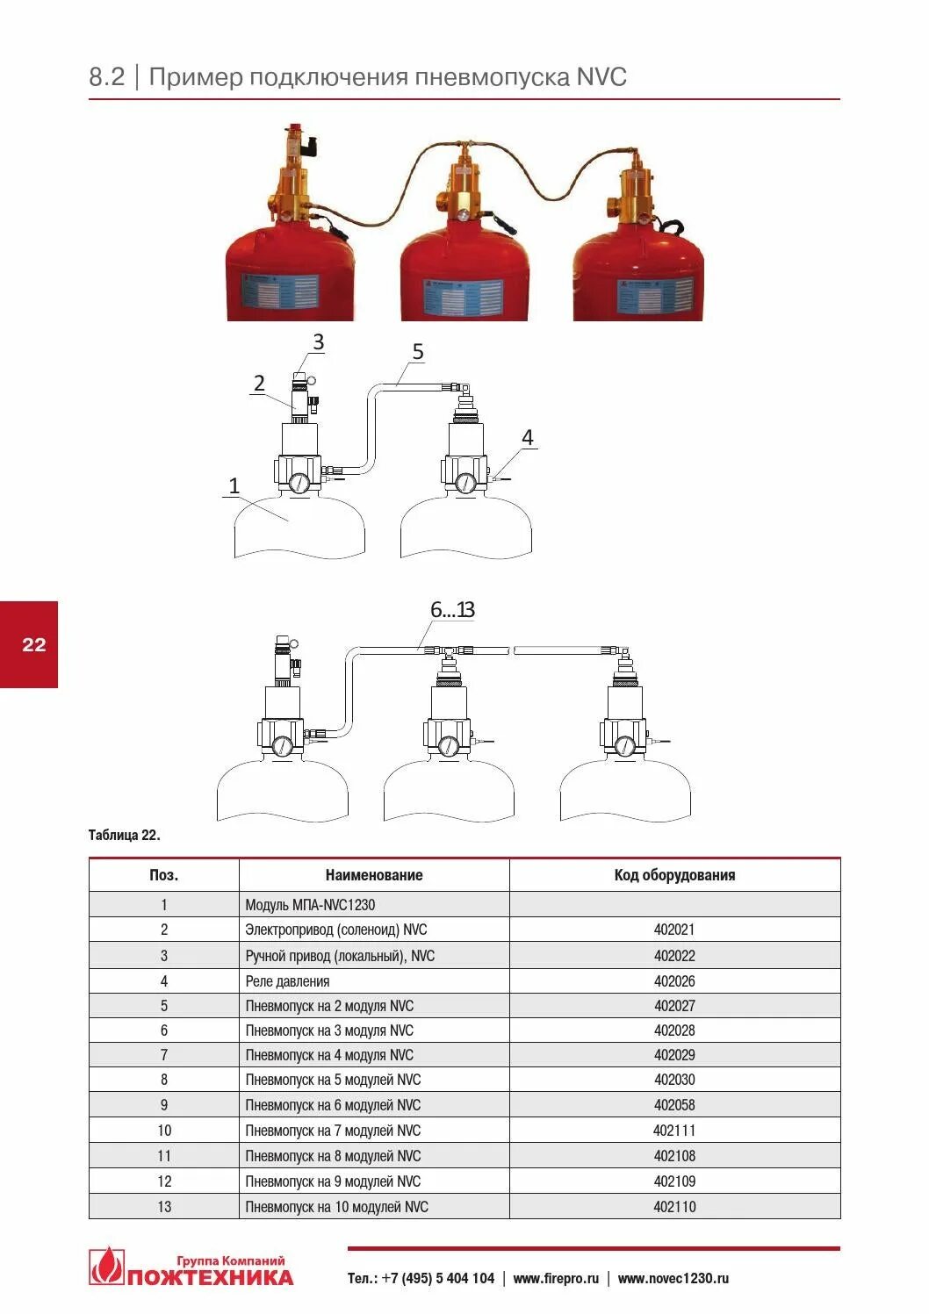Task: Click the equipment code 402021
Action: point(673,930)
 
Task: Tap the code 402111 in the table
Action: point(673,1131)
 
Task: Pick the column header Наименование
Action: point(374,875)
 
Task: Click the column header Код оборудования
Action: point(674,875)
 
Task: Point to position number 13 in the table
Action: point(164,1207)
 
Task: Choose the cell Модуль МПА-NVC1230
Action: point(310,905)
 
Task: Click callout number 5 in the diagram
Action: point(418,352)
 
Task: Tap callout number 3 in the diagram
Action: point(318,342)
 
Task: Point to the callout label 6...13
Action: point(452,609)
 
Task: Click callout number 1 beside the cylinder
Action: point(234,485)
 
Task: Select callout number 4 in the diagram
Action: point(527,437)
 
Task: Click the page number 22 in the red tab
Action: point(33,645)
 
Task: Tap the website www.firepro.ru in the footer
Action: point(556,1279)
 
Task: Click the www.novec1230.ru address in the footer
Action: point(673,1279)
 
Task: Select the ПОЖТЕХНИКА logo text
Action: point(210,1277)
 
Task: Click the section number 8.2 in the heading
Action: point(107,77)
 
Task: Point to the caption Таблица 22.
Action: point(124,835)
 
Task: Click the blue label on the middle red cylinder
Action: point(464,299)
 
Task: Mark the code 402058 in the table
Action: point(673,1105)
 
